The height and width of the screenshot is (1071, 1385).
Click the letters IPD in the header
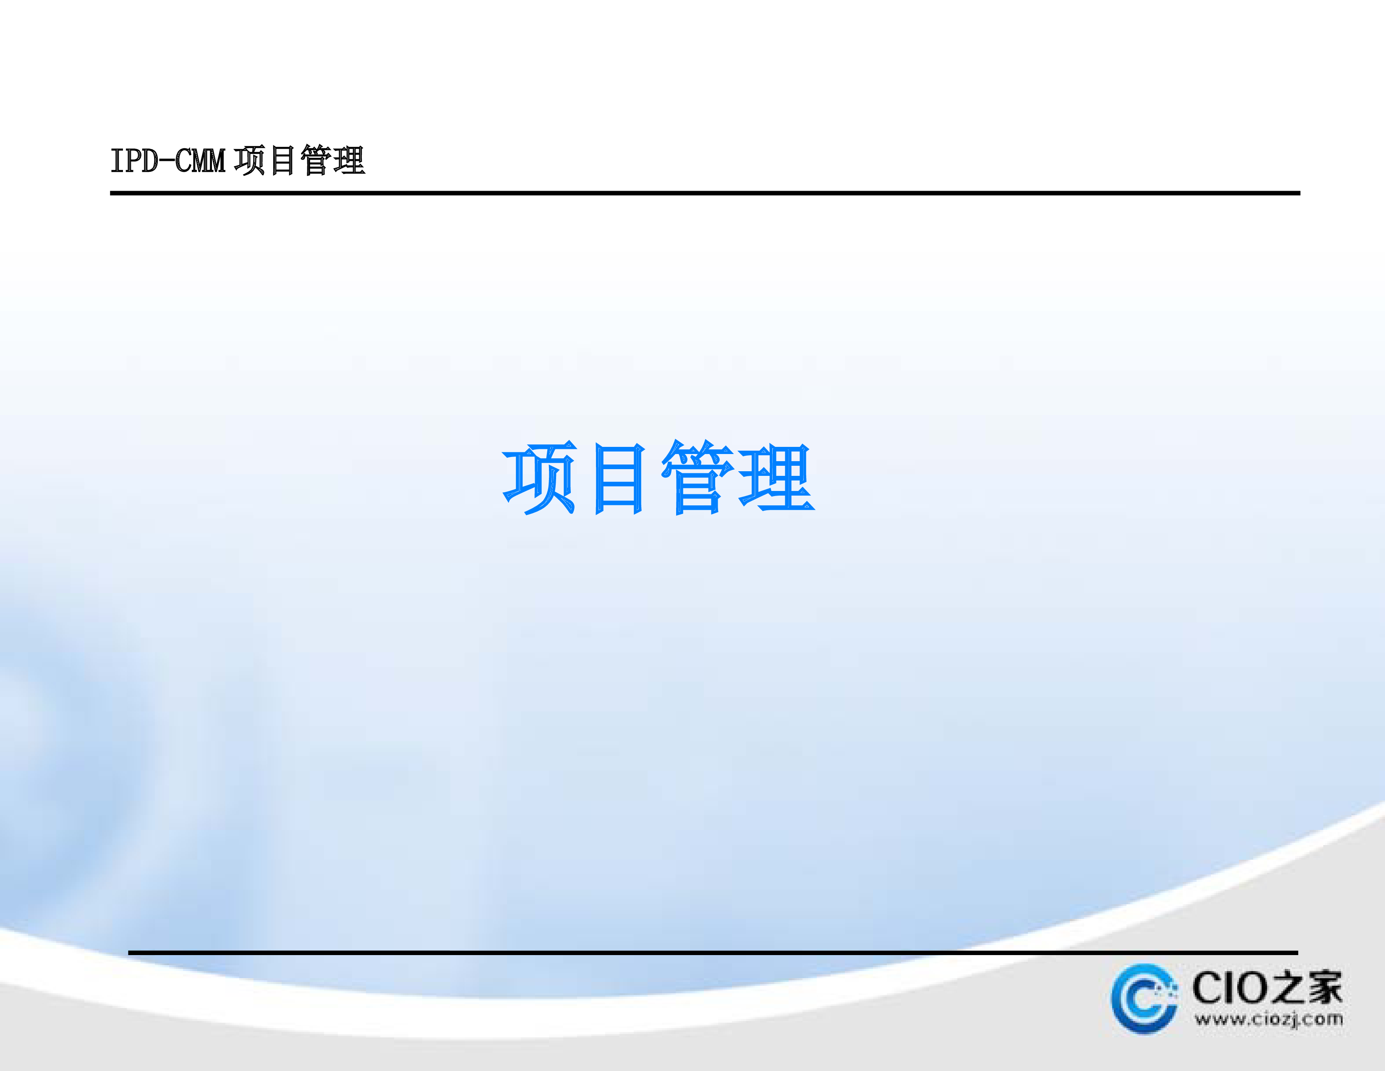[134, 160]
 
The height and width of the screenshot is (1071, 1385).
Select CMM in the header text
[200, 160]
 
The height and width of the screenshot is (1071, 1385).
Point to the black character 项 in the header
[249, 160]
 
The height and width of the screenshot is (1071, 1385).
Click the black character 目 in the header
[283, 160]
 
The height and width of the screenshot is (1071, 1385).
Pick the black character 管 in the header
[315, 160]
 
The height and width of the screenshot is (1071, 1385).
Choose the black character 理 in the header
[349, 160]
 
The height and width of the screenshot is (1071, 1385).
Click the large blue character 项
[540, 477]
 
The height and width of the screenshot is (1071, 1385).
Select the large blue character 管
[698, 477]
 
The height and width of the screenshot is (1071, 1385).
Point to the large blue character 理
[777, 477]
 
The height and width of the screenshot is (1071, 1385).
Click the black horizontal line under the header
[705, 193]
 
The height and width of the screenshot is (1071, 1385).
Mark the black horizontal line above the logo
[713, 953]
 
